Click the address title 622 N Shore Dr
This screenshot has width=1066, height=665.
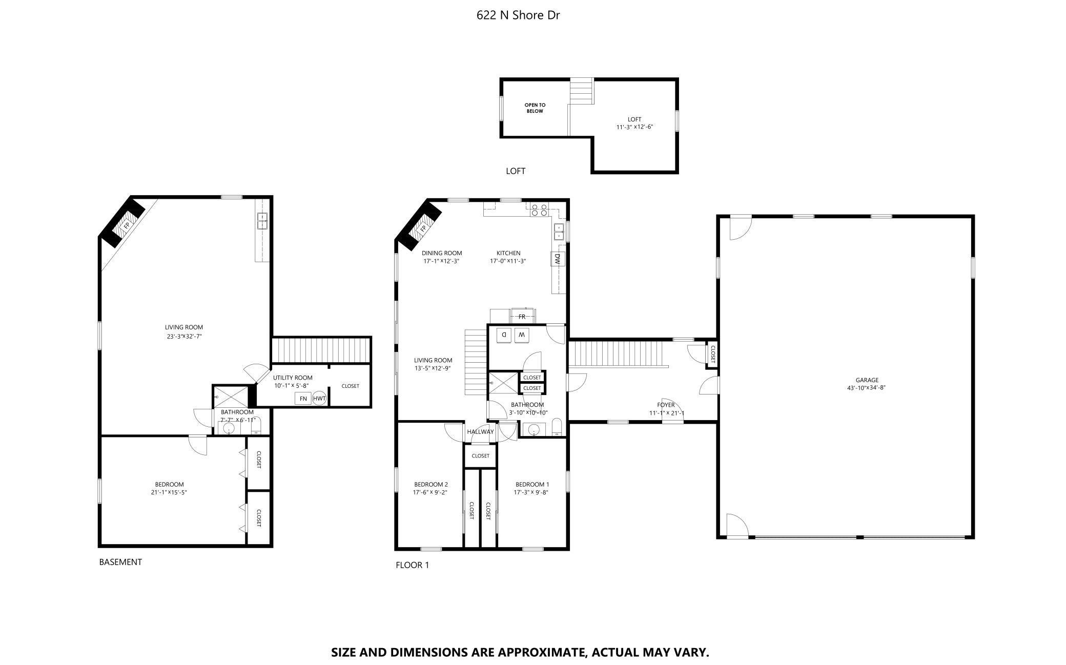tap(518, 15)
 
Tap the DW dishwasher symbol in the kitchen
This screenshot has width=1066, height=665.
tap(557, 259)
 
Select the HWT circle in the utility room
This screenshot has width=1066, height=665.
tap(319, 398)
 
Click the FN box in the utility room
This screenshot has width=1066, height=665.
tap(303, 398)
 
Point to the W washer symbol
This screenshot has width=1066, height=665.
tap(522, 335)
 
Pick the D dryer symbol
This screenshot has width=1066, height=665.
tap(504, 335)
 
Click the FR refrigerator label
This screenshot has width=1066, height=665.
tap(522, 317)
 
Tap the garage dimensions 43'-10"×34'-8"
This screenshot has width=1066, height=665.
tap(867, 388)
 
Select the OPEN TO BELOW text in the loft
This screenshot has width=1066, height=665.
tap(535, 108)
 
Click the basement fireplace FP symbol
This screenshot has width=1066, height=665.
tap(126, 224)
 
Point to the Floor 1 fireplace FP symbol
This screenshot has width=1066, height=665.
tap(423, 228)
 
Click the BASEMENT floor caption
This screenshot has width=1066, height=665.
tap(120, 562)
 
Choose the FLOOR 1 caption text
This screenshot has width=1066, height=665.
tap(412, 565)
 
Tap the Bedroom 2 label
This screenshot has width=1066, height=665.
tap(431, 485)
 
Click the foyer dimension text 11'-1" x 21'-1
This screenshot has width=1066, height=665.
tap(667, 413)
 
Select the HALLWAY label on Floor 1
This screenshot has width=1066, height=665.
tap(480, 431)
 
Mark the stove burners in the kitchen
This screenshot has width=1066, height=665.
tap(539, 210)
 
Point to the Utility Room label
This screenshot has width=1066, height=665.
tap(293, 378)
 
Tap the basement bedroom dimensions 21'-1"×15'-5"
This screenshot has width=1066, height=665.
tap(169, 492)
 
